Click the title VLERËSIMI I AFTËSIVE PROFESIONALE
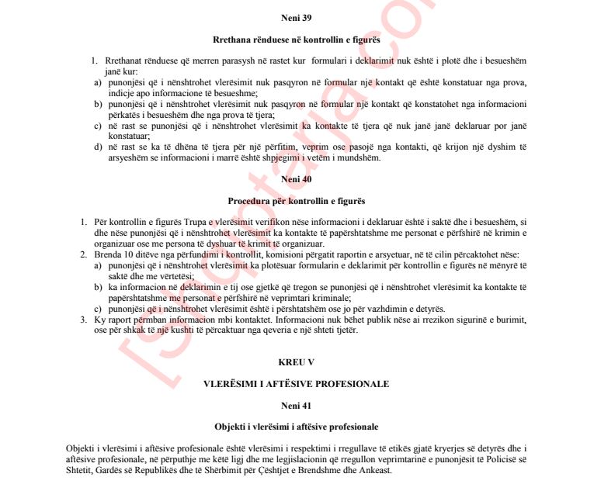(296, 383)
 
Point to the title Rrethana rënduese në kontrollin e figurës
(296, 39)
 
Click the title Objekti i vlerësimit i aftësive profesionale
(297, 427)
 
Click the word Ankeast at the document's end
(376, 471)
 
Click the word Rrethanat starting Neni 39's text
(114, 60)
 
